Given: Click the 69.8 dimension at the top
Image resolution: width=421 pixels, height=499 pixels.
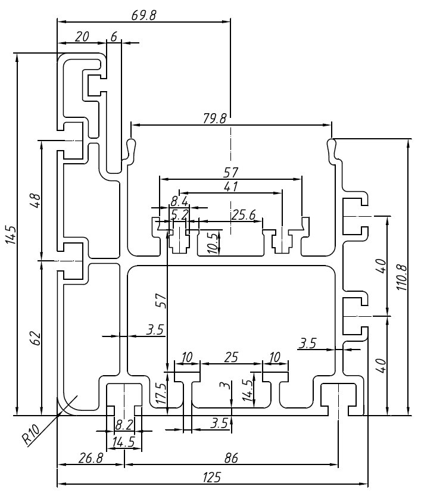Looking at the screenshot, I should coord(144,15).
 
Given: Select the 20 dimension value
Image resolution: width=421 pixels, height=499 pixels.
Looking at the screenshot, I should coord(82,36).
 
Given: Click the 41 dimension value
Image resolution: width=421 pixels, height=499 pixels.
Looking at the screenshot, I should coord(230,186).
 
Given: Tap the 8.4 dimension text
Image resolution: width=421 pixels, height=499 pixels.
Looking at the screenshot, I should coord(179,201).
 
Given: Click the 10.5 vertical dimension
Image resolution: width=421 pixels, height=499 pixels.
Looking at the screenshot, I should coord(213,244).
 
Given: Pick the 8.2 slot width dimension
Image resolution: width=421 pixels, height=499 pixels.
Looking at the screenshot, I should coord(124,425).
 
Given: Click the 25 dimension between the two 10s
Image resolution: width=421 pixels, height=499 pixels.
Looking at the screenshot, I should coord(230,357).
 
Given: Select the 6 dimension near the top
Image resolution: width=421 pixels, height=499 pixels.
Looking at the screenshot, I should coord(113,36).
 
